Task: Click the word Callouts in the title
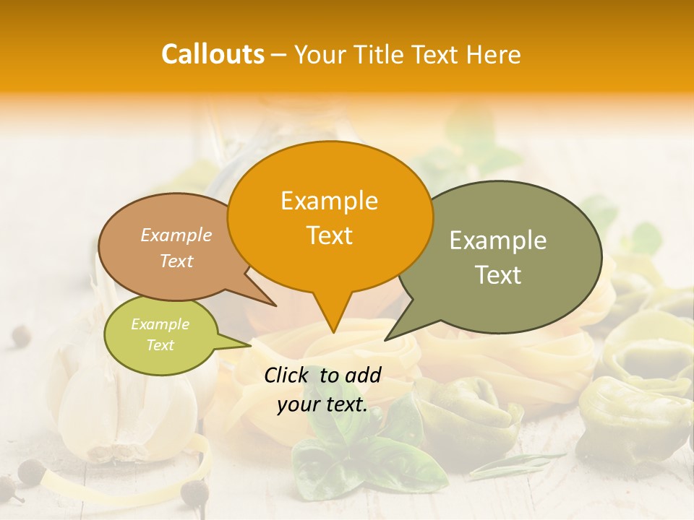[x=213, y=54]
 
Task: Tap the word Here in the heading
[x=494, y=55]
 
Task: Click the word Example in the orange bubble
[x=329, y=201]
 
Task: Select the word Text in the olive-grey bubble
[x=498, y=275]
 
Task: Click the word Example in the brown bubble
[x=176, y=235]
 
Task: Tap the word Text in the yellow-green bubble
[x=160, y=345]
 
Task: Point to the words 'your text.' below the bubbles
[x=322, y=405]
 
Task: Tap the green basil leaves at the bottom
[x=361, y=455]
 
